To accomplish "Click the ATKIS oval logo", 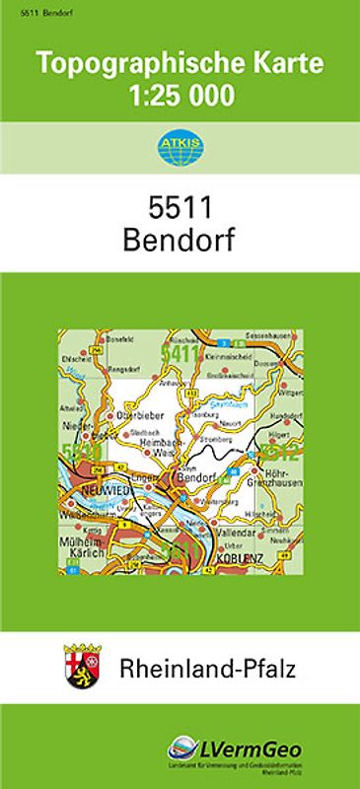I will click(180, 149).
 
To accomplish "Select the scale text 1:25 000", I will click(180, 97).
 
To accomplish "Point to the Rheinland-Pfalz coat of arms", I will click(80, 663).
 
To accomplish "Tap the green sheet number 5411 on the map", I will click(180, 353).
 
